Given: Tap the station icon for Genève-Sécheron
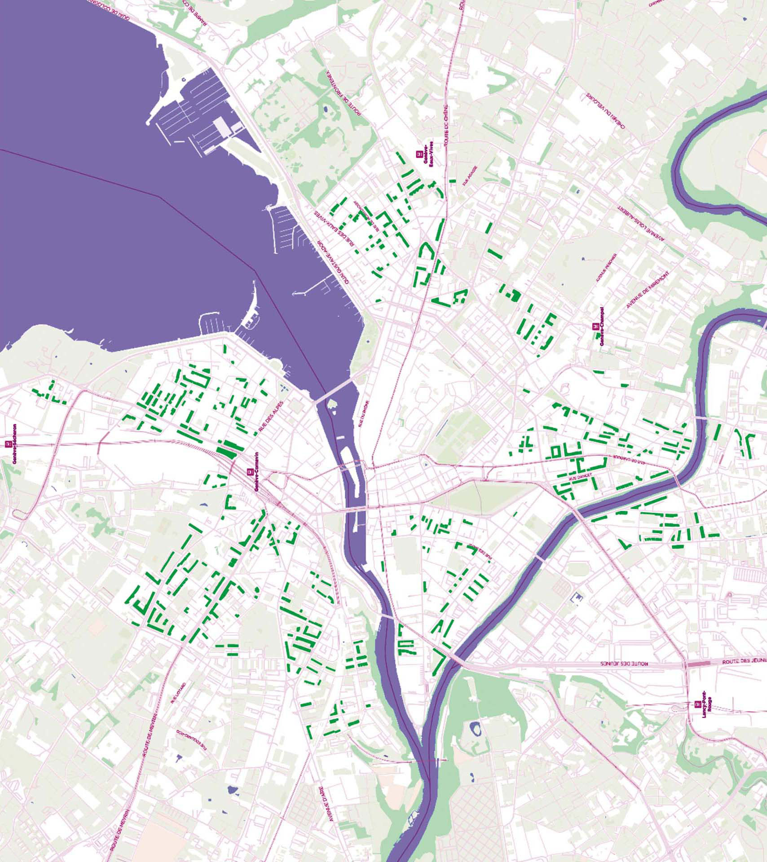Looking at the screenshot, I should click(x=8, y=444).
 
